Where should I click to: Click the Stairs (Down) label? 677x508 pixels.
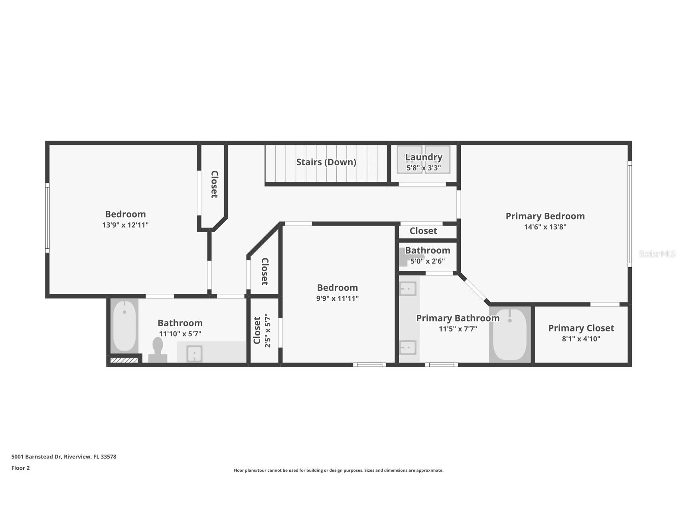point(326,162)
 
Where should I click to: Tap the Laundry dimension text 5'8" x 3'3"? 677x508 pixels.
point(423,168)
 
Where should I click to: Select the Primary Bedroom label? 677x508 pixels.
point(545,216)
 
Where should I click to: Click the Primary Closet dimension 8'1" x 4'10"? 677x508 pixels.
point(581,339)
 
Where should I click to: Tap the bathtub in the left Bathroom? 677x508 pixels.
point(124,325)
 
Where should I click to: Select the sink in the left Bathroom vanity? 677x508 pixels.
point(194,354)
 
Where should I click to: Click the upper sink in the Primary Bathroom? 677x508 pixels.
point(408,288)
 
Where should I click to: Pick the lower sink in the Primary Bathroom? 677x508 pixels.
point(408,347)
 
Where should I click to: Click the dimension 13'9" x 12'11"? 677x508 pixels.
point(125,225)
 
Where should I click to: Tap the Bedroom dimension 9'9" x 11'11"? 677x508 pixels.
point(337,298)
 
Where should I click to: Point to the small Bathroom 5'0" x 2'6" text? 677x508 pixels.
point(427,261)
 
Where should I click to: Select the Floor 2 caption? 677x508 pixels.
point(20,468)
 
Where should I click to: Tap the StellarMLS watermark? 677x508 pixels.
point(657,254)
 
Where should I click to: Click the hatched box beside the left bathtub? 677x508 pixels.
point(124,360)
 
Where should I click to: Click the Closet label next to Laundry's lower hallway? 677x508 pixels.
point(423,231)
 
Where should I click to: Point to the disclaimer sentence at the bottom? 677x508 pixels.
point(338,470)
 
